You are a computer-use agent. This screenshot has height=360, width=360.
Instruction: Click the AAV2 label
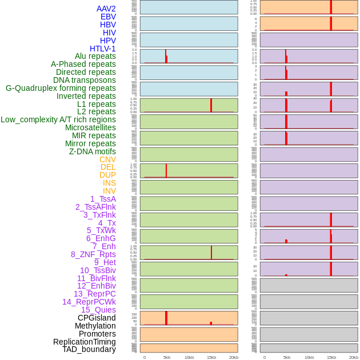coord(106,9)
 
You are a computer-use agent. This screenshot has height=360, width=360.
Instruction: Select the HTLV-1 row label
coord(102,49)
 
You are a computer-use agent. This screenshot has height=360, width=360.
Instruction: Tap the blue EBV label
coord(108,17)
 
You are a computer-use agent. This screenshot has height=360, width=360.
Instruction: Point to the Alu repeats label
coord(95,56)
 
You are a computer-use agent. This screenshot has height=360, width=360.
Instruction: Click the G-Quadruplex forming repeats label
coord(61,88)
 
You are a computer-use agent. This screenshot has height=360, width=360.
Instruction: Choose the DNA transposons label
coord(85,80)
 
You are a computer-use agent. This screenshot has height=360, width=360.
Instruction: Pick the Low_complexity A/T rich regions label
coord(58,119)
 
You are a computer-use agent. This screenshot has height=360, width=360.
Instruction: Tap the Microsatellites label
coord(90,127)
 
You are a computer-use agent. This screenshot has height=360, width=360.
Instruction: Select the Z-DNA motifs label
coord(93,151)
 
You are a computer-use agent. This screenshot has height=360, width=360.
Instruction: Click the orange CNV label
coord(107,159)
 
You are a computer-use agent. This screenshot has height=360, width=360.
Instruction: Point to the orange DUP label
coord(107,175)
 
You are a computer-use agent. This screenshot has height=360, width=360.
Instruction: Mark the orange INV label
coord(109,191)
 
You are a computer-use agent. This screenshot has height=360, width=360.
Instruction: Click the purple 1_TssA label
coord(103,199)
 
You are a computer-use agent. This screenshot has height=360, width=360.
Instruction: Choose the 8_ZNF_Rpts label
coord(93,254)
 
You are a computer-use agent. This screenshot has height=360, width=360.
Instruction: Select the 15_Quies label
coord(98,310)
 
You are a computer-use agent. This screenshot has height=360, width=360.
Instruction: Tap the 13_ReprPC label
coord(94,294)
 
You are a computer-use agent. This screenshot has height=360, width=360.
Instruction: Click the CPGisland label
coord(97,318)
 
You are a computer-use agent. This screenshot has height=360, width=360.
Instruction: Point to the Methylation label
coord(95,326)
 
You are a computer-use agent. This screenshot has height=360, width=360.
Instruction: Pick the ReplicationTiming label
coord(84,342)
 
